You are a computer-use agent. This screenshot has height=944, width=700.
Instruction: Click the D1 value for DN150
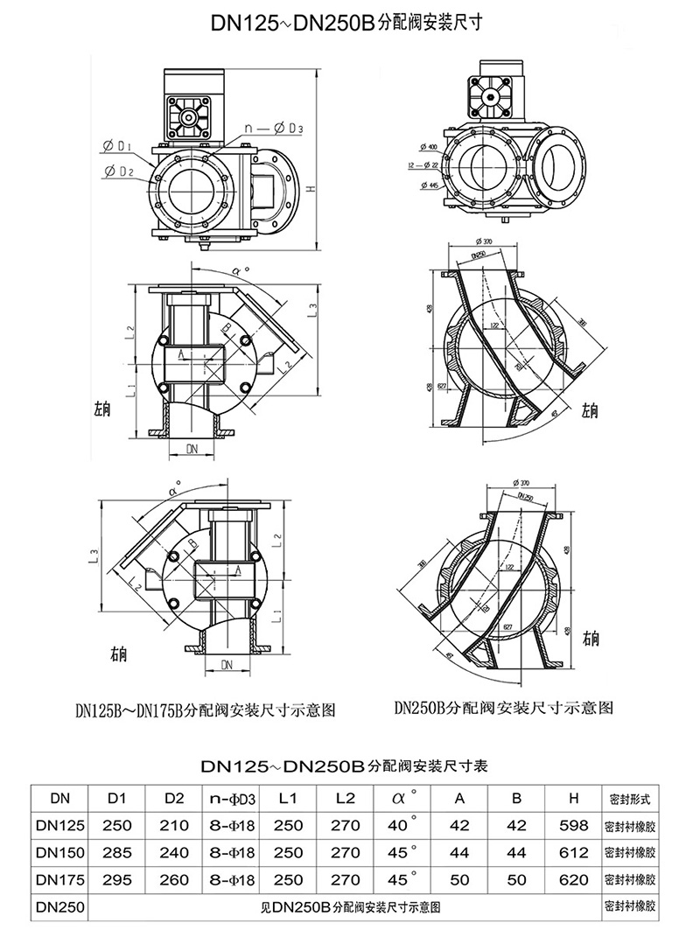[117, 851]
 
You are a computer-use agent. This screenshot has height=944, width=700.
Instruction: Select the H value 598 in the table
[573, 824]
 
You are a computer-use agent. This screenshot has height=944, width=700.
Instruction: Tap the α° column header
[402, 798]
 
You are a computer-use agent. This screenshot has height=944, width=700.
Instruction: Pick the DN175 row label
[60, 879]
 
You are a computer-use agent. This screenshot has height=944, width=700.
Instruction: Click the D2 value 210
[175, 824]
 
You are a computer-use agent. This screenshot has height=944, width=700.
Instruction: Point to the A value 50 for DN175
[459, 879]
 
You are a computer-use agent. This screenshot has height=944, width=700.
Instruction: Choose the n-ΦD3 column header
[232, 798]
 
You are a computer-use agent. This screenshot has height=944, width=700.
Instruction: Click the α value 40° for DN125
[402, 824]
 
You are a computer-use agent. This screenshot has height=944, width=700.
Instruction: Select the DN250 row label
[60, 907]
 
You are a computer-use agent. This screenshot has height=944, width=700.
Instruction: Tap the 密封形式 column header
[628, 799]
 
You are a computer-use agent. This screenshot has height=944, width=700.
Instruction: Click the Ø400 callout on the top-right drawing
[429, 145]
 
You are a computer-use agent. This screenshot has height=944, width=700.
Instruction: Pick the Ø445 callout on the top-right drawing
[429, 185]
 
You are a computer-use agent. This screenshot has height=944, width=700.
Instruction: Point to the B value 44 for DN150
[516, 851]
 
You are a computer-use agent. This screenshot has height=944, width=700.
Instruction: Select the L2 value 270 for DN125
[346, 824]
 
